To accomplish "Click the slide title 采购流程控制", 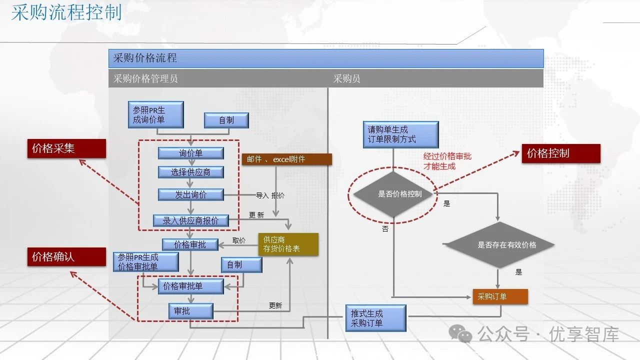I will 66,12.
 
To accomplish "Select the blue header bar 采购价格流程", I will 325,58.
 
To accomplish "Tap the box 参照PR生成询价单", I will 155,114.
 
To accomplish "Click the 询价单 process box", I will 190,153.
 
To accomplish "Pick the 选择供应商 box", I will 190,172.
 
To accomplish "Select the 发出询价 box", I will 190,194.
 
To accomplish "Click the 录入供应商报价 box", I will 190,220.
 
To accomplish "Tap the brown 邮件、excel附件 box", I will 286,159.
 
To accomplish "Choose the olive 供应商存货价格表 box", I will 288,244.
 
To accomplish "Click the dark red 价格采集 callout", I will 66,148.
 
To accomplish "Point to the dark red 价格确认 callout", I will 66,256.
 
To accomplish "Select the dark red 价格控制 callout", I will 560,153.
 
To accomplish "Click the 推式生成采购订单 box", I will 375,318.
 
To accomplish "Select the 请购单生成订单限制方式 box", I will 400,134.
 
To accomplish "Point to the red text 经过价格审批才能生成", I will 447,161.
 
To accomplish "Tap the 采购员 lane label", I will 347,78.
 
